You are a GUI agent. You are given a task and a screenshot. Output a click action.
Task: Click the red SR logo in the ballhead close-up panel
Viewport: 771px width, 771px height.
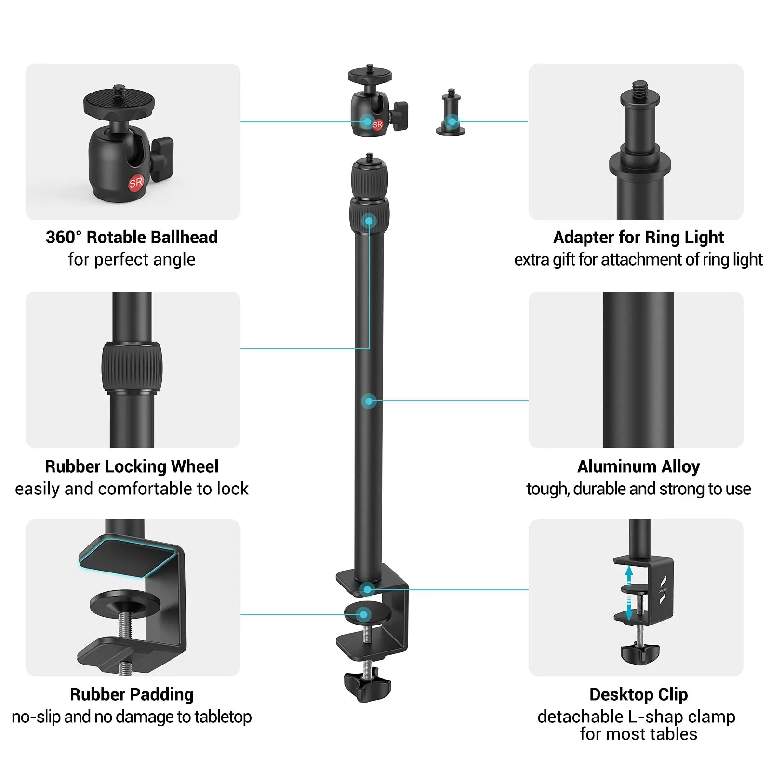click(x=136, y=183)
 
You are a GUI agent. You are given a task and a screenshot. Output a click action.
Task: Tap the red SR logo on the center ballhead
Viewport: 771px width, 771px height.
click(x=377, y=124)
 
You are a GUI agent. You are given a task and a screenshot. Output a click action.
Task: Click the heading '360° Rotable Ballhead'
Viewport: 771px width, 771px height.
click(x=132, y=237)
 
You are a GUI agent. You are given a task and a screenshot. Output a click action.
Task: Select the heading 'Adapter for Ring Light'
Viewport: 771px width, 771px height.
click(x=638, y=237)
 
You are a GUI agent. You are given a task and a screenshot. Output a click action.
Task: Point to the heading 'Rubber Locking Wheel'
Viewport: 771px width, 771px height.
click(x=132, y=466)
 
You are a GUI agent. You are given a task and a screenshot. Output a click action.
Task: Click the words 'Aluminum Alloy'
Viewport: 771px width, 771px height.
click(x=638, y=466)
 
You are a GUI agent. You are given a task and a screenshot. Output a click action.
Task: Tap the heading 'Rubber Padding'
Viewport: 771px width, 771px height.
click(x=132, y=694)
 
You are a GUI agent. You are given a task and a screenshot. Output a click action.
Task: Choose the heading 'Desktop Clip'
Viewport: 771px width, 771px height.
click(x=638, y=694)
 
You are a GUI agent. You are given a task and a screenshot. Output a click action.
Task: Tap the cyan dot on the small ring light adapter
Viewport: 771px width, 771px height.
click(x=452, y=121)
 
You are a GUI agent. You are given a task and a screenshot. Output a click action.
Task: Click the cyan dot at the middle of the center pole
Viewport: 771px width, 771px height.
click(x=369, y=401)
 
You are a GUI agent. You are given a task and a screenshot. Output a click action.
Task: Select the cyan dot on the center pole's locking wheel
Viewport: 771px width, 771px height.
click(x=369, y=221)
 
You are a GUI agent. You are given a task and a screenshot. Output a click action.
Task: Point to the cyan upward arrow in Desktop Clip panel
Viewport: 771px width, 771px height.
click(x=629, y=574)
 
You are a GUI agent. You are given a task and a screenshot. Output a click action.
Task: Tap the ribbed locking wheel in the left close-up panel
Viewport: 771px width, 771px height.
click(x=132, y=367)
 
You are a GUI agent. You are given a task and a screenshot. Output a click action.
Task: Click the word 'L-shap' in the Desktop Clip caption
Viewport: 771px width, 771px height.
click(x=656, y=717)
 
